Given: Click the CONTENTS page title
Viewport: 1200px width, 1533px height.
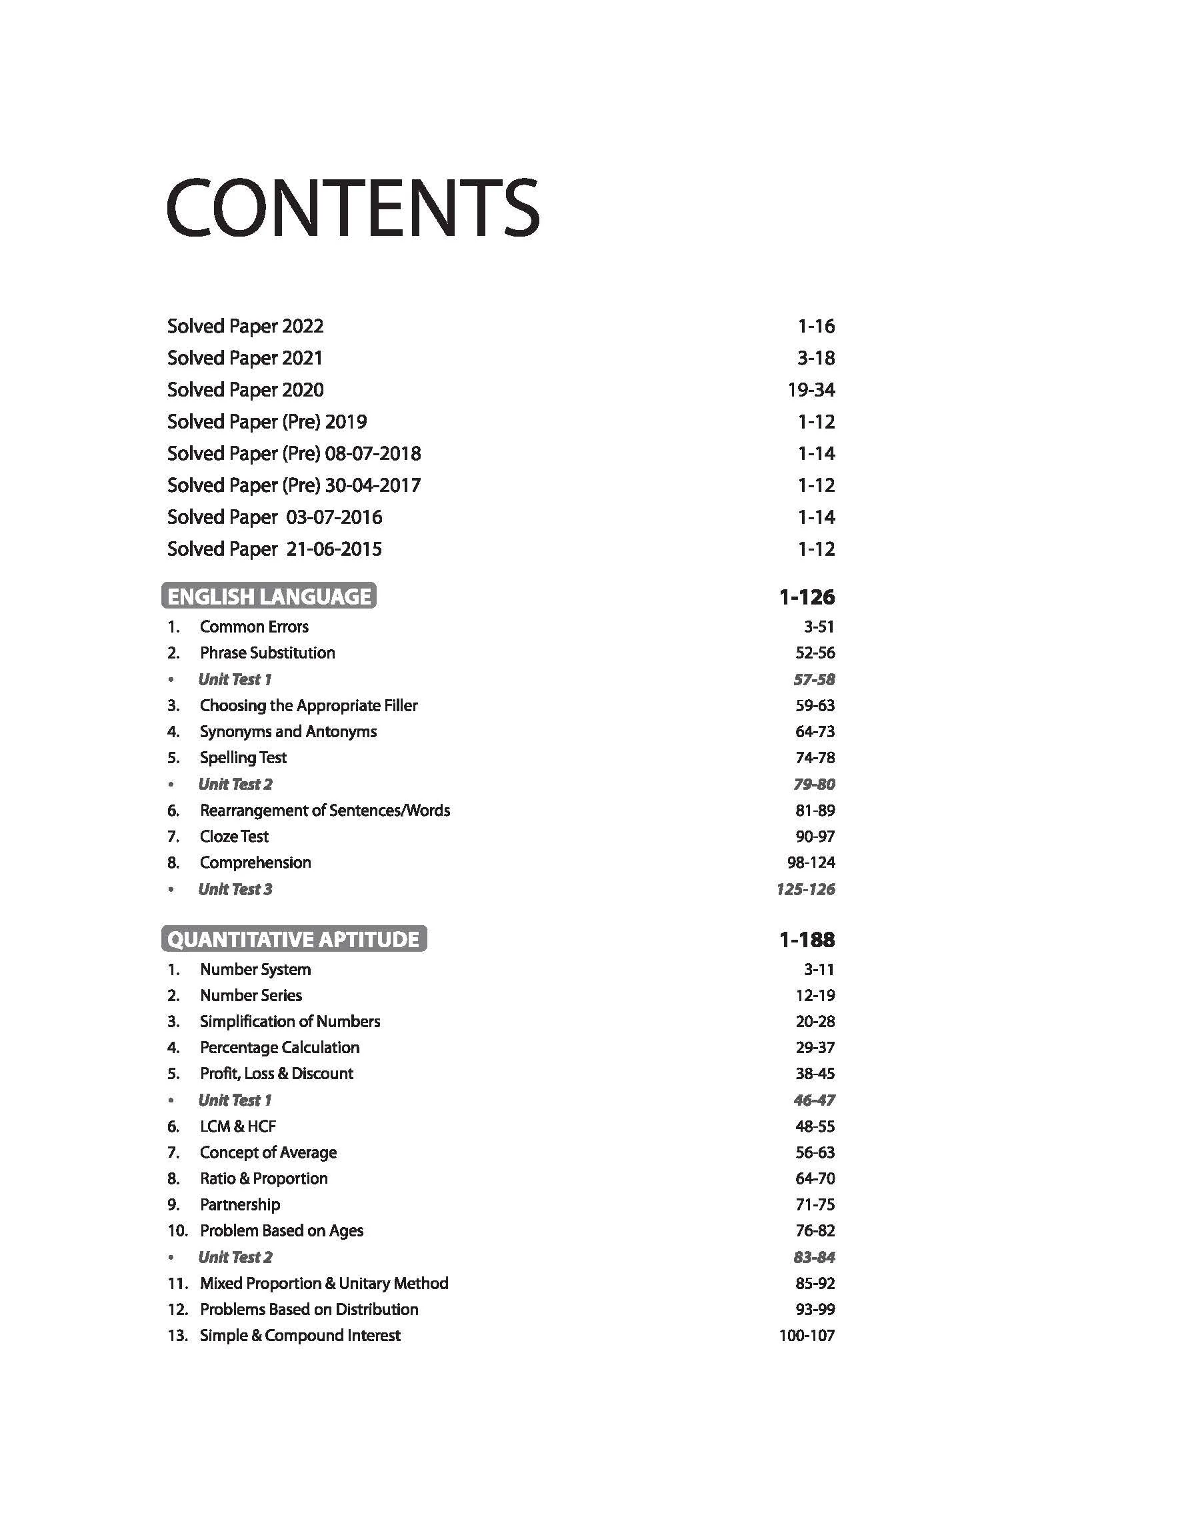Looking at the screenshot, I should coord(353,208).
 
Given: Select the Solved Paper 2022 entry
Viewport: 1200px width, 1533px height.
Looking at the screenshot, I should coord(245,327).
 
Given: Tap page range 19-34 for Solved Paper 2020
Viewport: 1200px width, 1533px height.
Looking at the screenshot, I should coord(811,390).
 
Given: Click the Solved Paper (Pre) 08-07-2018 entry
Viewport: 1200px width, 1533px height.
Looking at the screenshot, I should coord(294,454).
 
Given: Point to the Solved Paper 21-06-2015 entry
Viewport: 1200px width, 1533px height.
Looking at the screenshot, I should coord(274,549).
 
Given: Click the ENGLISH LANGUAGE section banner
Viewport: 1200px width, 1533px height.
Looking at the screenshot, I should coord(269,597).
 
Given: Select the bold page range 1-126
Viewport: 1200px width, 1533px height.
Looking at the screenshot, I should coord(807,597).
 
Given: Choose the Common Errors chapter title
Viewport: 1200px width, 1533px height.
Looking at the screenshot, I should coord(253,627).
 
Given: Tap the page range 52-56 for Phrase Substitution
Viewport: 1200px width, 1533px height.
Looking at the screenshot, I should coord(815,653).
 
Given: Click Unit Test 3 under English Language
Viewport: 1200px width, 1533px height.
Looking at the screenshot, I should coord(235,889).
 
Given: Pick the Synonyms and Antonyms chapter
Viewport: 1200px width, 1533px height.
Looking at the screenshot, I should coord(288,732).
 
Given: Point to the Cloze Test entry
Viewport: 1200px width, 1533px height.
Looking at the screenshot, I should coord(234,836).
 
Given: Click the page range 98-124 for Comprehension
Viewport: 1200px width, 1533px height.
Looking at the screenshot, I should coord(811,862).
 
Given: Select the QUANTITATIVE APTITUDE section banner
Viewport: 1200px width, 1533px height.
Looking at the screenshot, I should coord(294,940).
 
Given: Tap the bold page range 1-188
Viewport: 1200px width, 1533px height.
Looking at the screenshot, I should coord(807,940).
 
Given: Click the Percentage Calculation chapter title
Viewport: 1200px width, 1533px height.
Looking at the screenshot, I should coord(279,1048).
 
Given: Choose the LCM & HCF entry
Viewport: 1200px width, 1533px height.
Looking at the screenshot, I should coord(237,1126).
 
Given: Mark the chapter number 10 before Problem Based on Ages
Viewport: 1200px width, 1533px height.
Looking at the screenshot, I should coord(177,1231).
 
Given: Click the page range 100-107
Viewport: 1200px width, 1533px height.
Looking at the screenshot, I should coord(807,1336).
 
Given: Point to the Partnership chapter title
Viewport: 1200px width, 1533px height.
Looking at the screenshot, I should coord(239,1205).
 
